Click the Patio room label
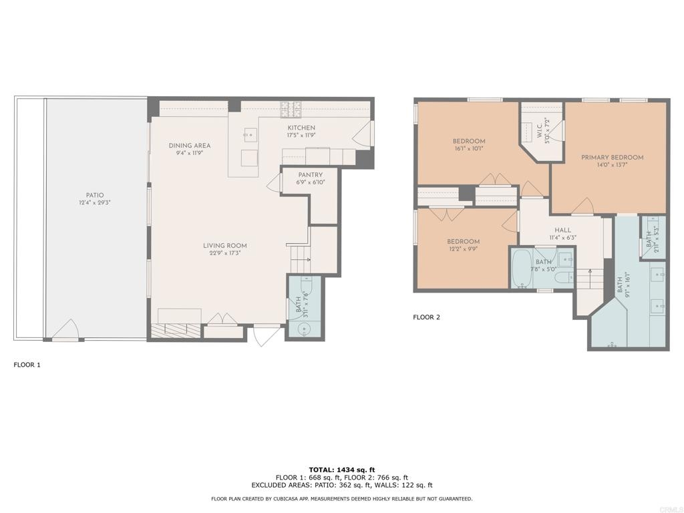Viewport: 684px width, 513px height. [x=95, y=196]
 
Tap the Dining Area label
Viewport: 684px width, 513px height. [x=190, y=146]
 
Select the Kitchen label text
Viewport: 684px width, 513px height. [x=301, y=128]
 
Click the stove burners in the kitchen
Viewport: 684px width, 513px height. [x=291, y=110]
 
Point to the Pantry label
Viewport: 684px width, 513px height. [x=311, y=175]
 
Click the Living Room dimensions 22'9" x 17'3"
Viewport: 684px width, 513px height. [x=225, y=252]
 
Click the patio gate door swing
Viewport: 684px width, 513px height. [x=65, y=329]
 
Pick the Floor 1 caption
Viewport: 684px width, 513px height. [x=27, y=365]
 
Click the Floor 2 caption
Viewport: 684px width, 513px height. [x=427, y=317]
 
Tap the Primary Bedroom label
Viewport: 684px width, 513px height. [x=612, y=158]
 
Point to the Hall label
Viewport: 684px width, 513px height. [x=562, y=230]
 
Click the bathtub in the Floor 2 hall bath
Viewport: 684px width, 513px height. [x=521, y=269]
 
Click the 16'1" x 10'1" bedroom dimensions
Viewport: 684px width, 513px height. [x=469, y=148]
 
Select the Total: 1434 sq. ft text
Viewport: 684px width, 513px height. [x=342, y=470]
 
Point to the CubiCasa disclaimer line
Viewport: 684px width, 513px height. [x=341, y=498]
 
